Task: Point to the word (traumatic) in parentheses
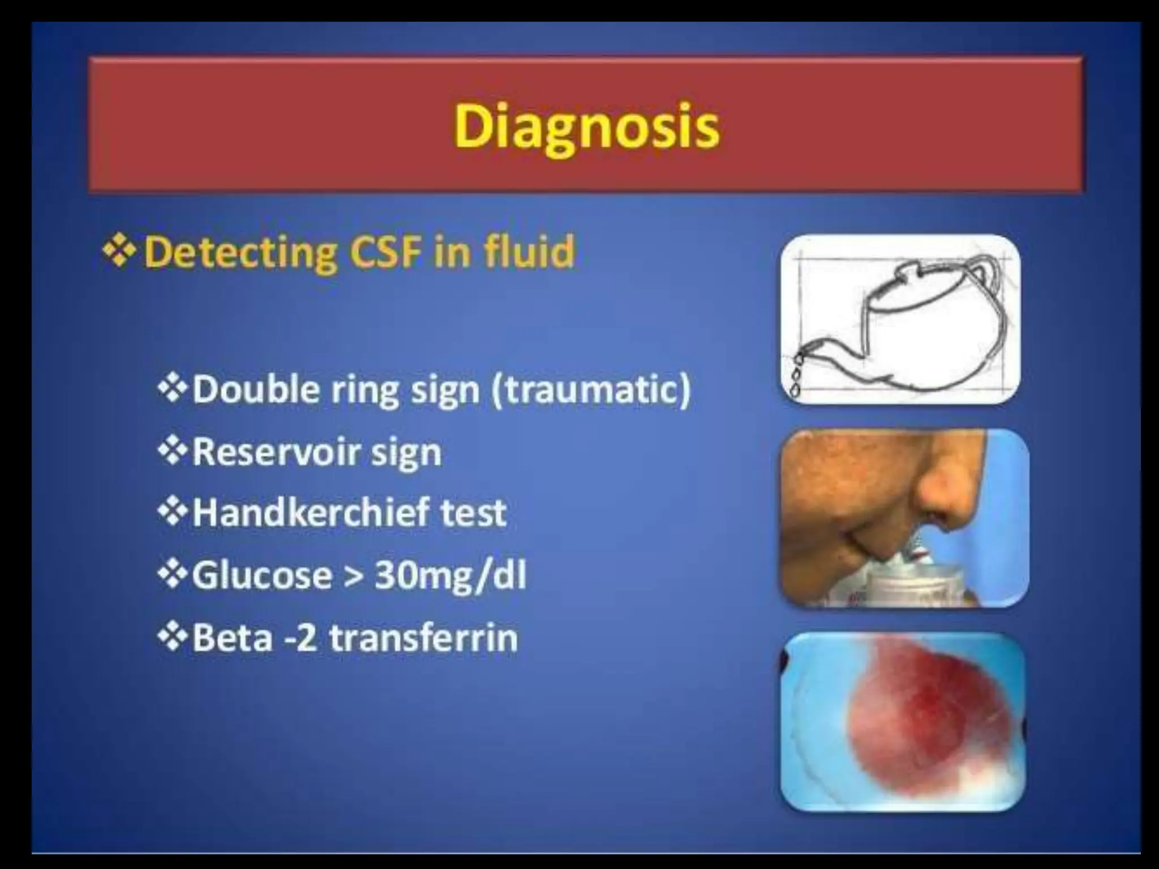591,390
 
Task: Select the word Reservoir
276,452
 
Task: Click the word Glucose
262,575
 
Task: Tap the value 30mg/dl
450,575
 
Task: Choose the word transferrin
423,638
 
